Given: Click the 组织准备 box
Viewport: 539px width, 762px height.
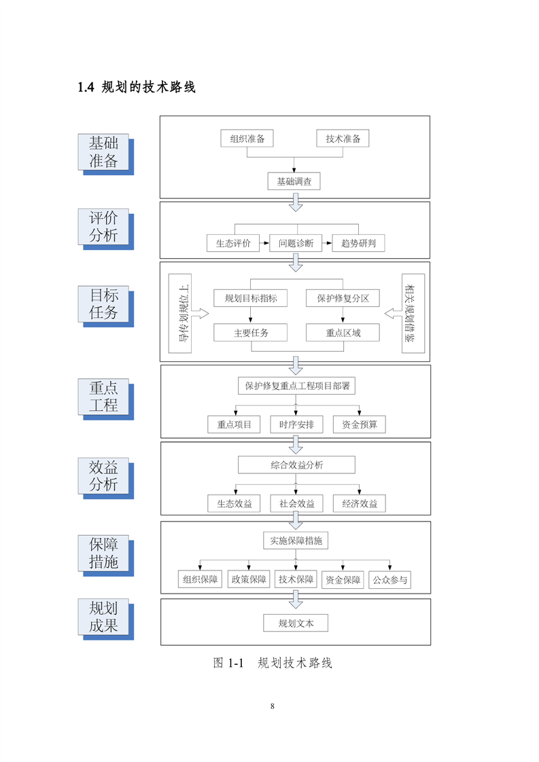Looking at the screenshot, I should (247, 139).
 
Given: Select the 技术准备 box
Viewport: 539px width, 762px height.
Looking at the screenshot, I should (343, 139).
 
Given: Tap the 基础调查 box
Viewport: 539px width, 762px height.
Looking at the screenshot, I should (294, 181).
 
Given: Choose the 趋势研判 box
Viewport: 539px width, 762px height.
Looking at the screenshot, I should (358, 243).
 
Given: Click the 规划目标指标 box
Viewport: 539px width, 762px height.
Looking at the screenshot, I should (250, 298).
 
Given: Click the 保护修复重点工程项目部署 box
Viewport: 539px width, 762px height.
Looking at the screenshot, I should (296, 386).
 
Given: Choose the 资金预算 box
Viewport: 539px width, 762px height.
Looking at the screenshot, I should (359, 425).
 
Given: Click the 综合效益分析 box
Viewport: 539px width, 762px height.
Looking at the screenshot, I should (296, 465).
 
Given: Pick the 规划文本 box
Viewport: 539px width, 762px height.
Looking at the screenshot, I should (296, 623).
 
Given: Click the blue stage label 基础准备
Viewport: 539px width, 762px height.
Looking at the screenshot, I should (103, 152).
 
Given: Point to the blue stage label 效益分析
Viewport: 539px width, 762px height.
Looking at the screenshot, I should (103, 476).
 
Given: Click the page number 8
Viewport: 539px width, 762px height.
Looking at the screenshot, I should (273, 706).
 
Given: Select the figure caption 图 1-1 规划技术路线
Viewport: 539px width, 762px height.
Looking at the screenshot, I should (273, 663).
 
